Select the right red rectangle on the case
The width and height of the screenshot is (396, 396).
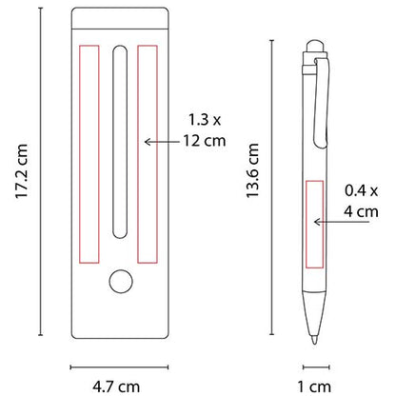(x=146, y=151)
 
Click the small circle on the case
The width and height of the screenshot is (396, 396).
(x=120, y=282)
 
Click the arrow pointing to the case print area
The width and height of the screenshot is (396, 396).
(x=160, y=141)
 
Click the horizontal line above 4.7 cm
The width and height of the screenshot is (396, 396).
(x=119, y=364)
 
